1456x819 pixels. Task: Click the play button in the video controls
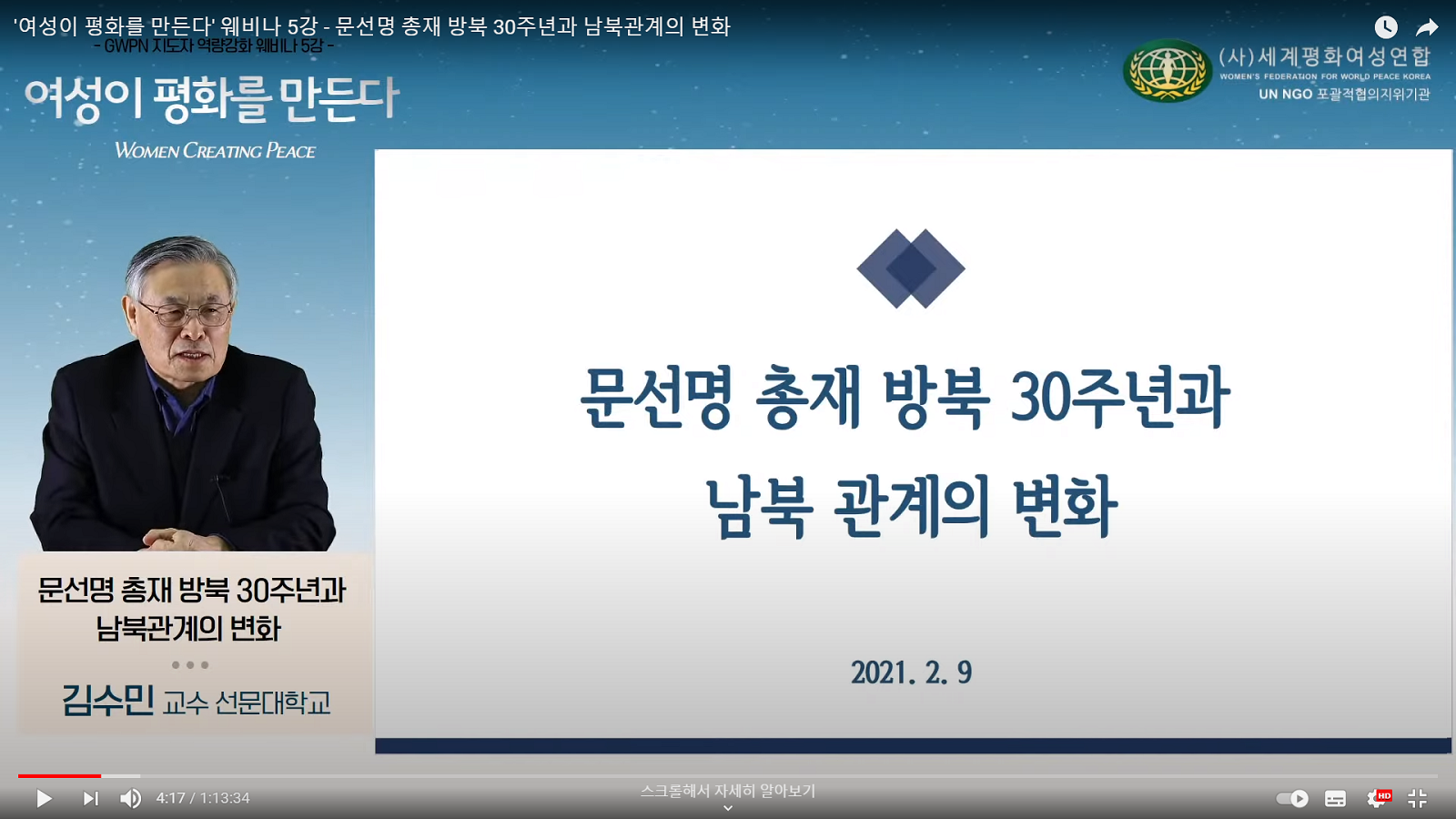(45, 798)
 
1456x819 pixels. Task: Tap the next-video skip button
(91, 798)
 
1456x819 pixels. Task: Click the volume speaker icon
(131, 798)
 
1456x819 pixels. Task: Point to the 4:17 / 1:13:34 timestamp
(203, 798)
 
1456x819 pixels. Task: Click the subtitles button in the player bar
(1335, 798)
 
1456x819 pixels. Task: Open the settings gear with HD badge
(1378, 797)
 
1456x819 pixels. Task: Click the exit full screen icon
(1418, 798)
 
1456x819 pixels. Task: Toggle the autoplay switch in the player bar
(1292, 798)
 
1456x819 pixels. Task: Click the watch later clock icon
(1386, 26)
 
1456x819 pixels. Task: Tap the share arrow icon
(1427, 27)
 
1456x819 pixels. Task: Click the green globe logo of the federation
(1168, 71)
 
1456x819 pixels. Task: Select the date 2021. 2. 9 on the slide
(911, 672)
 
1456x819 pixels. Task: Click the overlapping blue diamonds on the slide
(911, 268)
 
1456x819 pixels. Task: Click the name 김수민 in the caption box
(108, 701)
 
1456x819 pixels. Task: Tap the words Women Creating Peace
(215, 151)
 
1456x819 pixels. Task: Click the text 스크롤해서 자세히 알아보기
(728, 791)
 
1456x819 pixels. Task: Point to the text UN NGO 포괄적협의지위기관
(1344, 95)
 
